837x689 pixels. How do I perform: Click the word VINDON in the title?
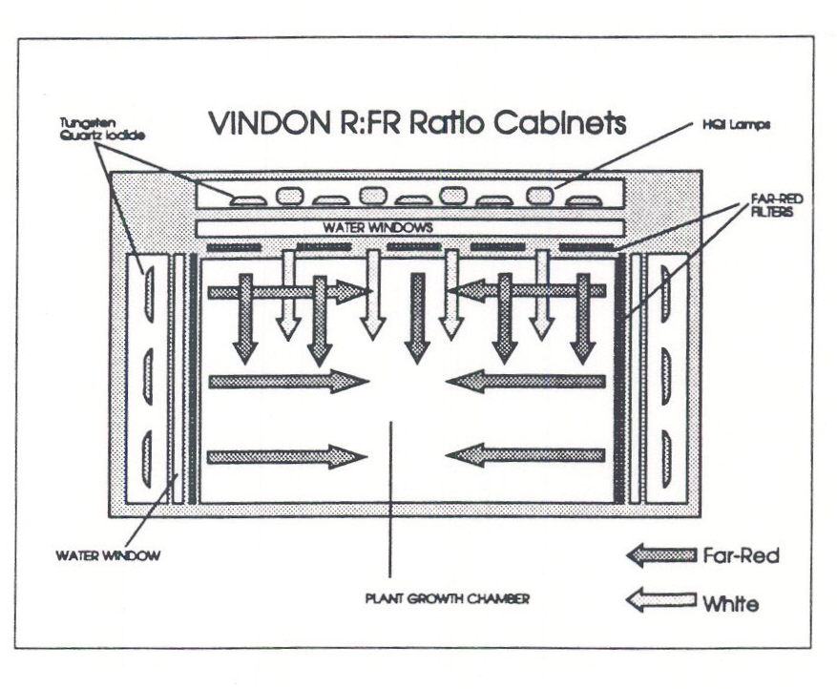(x=262, y=124)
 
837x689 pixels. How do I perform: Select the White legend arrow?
(x=660, y=600)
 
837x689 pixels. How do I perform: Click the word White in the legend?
(x=732, y=603)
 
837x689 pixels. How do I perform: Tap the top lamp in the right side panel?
(x=665, y=287)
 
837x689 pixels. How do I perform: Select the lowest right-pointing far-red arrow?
(x=287, y=456)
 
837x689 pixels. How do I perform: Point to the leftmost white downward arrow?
(x=287, y=296)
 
